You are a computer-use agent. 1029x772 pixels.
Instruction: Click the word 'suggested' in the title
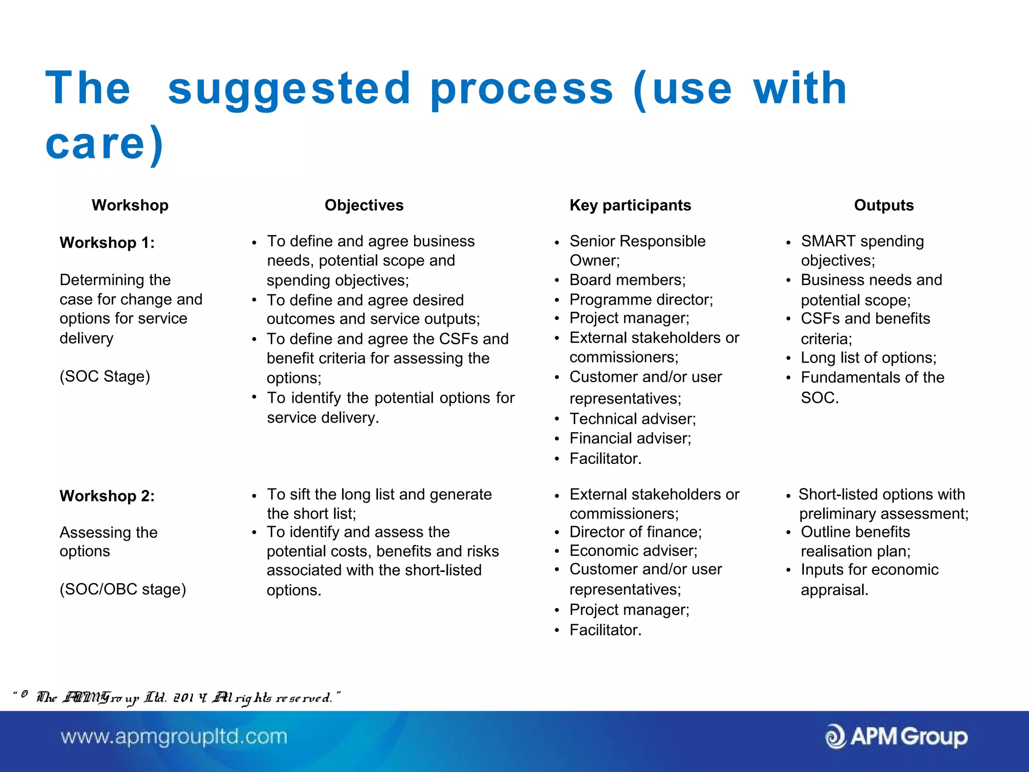[x=289, y=89]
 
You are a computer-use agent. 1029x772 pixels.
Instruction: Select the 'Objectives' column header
[x=364, y=205]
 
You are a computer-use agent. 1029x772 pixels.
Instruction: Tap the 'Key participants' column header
[x=630, y=205]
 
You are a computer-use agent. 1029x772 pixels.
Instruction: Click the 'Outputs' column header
[x=884, y=205]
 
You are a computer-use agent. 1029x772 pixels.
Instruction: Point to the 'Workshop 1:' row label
[x=107, y=243]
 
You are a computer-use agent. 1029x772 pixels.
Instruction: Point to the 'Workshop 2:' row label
[x=107, y=496]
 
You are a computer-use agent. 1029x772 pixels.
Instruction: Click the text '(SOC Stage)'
[x=105, y=376]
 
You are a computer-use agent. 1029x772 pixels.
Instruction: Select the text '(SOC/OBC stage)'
[x=123, y=589]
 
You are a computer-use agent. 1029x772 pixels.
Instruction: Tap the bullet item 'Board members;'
[x=627, y=280]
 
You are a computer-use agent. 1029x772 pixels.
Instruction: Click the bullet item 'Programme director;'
[x=641, y=300]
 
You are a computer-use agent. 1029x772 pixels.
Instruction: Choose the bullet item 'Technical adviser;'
[x=633, y=419]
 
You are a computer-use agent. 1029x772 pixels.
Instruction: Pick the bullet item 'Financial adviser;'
[x=630, y=439]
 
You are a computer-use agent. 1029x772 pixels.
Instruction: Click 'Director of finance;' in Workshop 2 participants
[x=636, y=532]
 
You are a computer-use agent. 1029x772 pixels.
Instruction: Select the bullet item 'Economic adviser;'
[x=633, y=551]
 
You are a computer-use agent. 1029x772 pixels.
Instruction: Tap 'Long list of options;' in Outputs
[x=868, y=358]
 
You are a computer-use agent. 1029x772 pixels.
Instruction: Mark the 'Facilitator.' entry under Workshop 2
[x=605, y=630]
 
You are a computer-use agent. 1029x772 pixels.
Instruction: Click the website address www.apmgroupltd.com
[x=174, y=737]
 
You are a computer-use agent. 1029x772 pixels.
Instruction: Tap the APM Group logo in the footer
[x=896, y=737]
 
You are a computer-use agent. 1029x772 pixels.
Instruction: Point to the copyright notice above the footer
[x=176, y=698]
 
